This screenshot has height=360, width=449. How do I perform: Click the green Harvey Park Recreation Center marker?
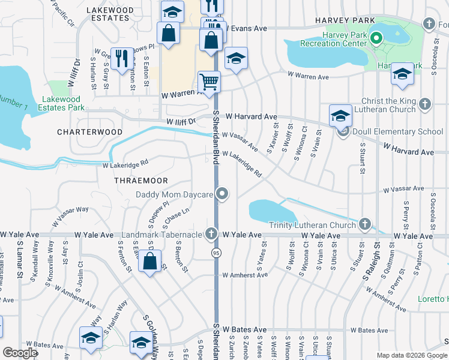tap(376, 39)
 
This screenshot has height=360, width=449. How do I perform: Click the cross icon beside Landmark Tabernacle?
tap(211, 233)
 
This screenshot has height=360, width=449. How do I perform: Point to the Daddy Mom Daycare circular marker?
tap(223, 193)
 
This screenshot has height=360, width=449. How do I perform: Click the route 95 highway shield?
tap(215, 254)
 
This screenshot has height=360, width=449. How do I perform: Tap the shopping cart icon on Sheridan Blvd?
tap(209, 82)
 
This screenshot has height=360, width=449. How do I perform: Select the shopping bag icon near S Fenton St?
tap(149, 262)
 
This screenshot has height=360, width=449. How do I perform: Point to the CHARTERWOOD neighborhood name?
tap(89, 131)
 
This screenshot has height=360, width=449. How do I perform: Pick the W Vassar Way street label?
tap(70, 217)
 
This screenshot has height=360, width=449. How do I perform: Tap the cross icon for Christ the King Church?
tap(425, 103)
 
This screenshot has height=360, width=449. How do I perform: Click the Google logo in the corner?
tap(20, 352)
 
